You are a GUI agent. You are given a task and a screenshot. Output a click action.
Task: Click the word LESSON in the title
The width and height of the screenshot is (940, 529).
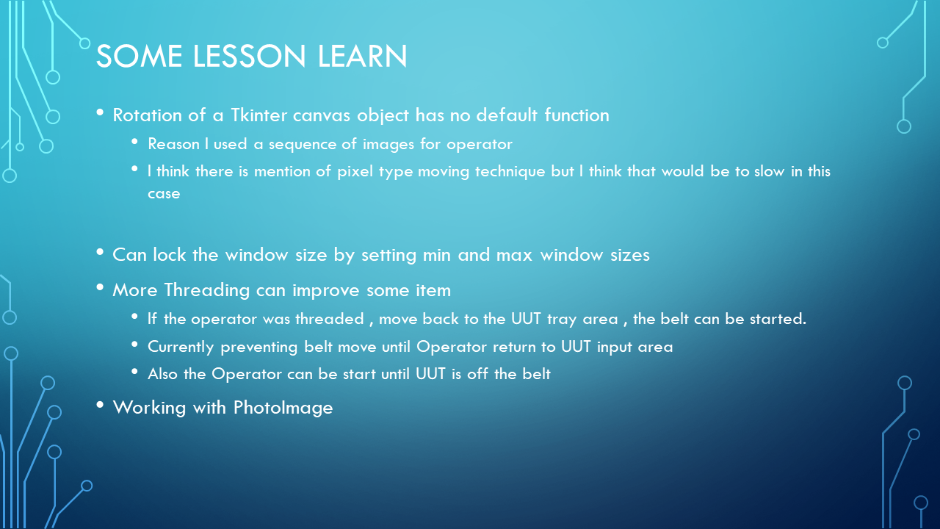[x=249, y=56]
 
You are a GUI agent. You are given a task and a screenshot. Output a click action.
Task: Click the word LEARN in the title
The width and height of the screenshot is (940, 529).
[x=362, y=56]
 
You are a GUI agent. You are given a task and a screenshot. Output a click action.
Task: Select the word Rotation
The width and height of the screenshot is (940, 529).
[x=147, y=115]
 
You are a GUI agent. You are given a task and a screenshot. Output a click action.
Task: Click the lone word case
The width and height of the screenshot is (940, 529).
[x=164, y=193]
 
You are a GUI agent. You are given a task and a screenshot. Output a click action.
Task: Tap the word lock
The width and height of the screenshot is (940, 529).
[x=169, y=254]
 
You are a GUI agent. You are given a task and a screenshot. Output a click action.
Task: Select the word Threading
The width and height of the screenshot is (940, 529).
[x=206, y=290]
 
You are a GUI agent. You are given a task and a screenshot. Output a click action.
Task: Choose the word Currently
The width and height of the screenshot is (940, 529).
[x=181, y=348]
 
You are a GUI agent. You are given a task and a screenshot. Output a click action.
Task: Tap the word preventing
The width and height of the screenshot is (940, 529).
[x=259, y=348]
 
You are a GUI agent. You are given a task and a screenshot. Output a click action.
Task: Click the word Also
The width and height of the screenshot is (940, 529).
[x=162, y=374]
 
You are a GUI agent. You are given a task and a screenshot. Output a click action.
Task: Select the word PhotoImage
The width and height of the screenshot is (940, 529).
[x=283, y=408]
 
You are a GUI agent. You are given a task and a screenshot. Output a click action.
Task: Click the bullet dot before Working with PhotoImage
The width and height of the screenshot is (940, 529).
[x=100, y=405]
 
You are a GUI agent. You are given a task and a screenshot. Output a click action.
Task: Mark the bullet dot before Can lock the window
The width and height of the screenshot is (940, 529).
[x=100, y=252]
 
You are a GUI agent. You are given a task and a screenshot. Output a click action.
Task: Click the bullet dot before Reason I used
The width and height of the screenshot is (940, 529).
[x=134, y=142]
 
